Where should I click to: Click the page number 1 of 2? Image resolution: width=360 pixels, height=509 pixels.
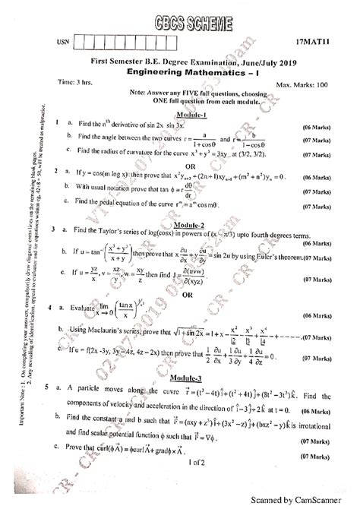point(197,483)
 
